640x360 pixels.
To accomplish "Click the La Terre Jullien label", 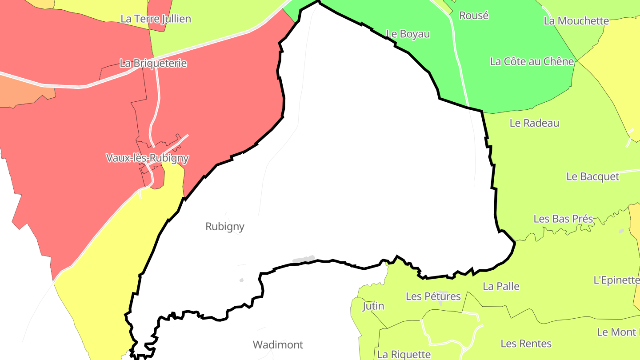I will point(156,19).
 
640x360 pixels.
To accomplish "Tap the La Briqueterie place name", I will point(153,63).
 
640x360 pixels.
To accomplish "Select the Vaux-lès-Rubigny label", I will point(147,158).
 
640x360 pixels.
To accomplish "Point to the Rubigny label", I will point(225,227).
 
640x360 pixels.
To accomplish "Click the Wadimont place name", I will point(278,344).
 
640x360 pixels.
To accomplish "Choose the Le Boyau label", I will point(408,34).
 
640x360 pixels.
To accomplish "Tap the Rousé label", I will point(474,16).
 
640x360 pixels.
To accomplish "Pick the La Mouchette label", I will point(576,21).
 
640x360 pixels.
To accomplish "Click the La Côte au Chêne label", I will point(532,61).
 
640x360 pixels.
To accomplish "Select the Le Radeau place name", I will point(534,123).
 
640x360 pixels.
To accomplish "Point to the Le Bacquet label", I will point(592,176).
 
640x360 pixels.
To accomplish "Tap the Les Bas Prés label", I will point(563,219).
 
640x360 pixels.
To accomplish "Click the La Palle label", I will point(501,286).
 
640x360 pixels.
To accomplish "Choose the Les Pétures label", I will point(433,296).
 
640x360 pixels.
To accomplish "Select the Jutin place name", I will point(373,306).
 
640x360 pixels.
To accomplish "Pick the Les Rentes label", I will point(526,344).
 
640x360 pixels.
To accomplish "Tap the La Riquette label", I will point(404,354).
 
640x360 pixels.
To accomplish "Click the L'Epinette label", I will point(616,280).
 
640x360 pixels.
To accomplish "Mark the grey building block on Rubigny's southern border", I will point(304,259).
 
